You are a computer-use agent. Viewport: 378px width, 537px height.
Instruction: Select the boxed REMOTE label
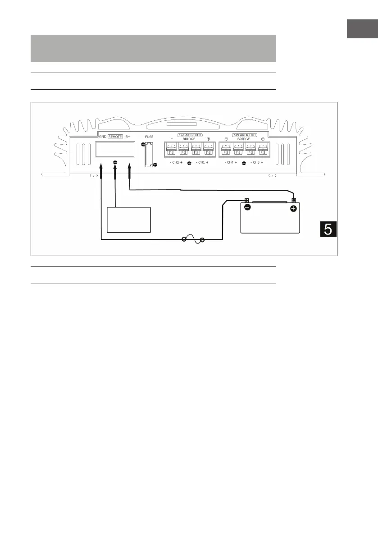[115, 135]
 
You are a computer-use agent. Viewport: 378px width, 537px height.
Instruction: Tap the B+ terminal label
[128, 135]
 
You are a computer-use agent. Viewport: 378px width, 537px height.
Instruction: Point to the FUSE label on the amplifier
[150, 135]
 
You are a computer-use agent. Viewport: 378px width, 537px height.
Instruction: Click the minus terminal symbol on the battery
[247, 208]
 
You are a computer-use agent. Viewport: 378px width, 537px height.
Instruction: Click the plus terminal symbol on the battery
[293, 208]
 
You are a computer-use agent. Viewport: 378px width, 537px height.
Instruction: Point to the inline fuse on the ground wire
[193, 240]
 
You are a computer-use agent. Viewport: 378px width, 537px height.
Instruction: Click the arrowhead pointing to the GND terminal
[101, 168]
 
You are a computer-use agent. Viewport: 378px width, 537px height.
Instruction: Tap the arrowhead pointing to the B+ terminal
[130, 168]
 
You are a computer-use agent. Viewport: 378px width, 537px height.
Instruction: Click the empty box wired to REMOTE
[128, 220]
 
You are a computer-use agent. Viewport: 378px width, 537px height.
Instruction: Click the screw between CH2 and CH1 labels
[189, 163]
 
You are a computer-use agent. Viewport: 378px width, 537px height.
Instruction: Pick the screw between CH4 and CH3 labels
[244, 163]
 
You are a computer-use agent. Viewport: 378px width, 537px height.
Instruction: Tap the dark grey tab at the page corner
[362, 29]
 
